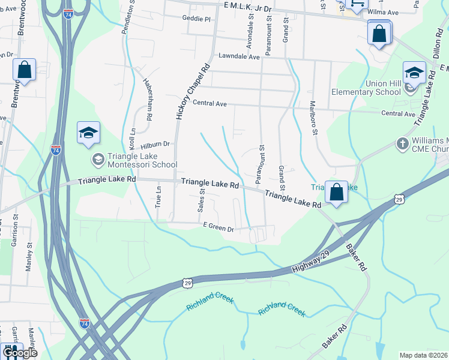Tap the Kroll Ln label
click(x=132, y=139)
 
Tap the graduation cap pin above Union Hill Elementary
click(x=414, y=73)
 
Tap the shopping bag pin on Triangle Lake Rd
click(x=337, y=193)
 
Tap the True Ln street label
click(x=158, y=196)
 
